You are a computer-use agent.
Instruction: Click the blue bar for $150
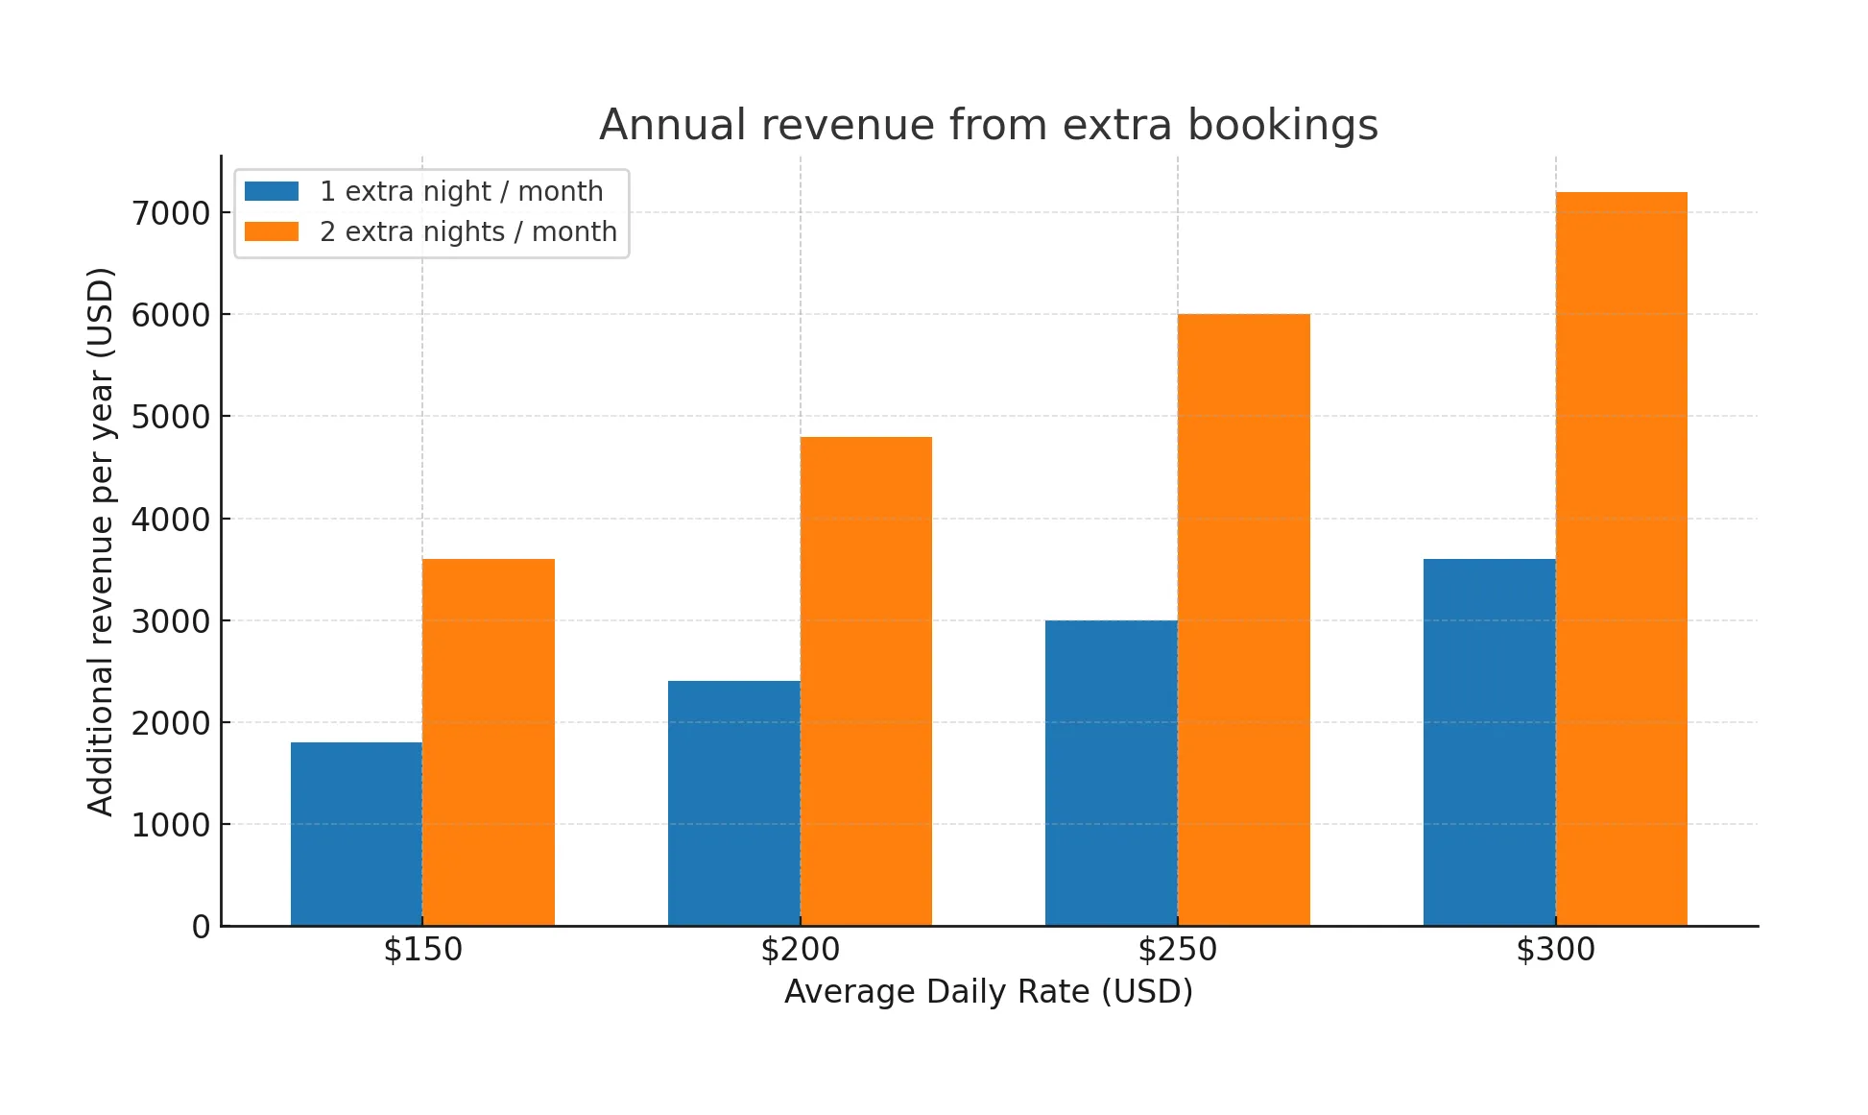(x=356, y=834)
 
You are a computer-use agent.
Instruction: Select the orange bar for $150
(x=489, y=741)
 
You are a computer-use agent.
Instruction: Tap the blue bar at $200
(x=733, y=803)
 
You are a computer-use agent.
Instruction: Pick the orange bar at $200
(x=866, y=681)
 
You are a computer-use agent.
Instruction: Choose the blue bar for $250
(x=1111, y=772)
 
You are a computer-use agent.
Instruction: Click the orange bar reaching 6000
(x=1243, y=619)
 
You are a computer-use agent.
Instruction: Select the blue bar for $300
(x=1489, y=741)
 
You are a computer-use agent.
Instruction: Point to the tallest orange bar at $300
(x=1621, y=558)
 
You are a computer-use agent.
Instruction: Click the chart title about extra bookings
(x=989, y=125)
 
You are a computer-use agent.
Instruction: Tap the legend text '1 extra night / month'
(x=462, y=191)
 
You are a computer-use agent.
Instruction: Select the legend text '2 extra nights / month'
(x=468, y=231)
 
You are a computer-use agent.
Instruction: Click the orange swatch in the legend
(x=272, y=231)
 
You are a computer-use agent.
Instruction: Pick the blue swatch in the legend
(x=272, y=191)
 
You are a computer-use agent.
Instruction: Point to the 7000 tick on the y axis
(x=171, y=213)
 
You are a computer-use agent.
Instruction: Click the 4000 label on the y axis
(x=171, y=520)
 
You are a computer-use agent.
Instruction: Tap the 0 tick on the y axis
(x=201, y=927)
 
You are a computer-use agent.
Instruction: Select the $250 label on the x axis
(x=1177, y=950)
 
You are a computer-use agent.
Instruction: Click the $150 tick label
(x=422, y=950)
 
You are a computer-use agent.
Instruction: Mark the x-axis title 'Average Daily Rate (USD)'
(x=989, y=991)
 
